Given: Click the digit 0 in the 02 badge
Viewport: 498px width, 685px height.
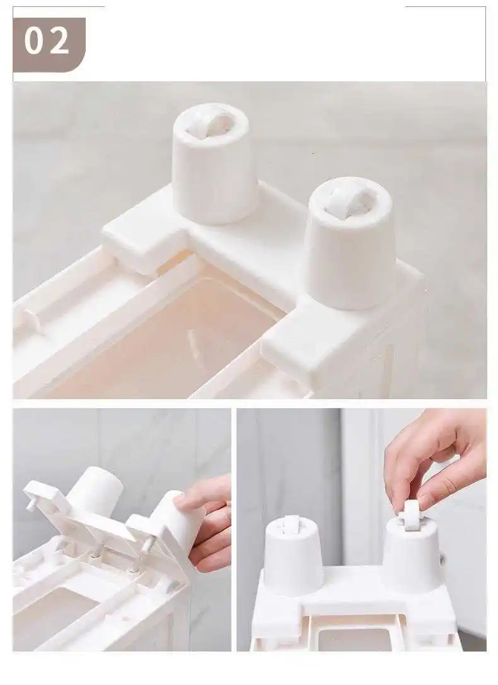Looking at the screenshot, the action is click(33, 40).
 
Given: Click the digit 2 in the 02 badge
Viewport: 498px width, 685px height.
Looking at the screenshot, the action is click(58, 40).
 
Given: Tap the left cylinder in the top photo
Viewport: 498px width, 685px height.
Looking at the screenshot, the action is click(211, 164).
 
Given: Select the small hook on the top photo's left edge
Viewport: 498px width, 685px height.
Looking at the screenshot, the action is click(33, 320).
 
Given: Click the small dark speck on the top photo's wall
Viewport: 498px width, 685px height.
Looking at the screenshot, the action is click(315, 154).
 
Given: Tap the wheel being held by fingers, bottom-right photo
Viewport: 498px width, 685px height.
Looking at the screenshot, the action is click(412, 515).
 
